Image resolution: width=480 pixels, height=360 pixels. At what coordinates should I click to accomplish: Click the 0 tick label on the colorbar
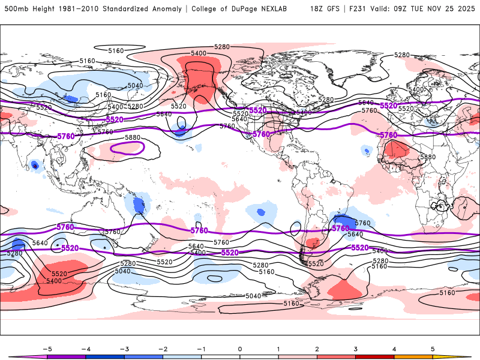[239, 348]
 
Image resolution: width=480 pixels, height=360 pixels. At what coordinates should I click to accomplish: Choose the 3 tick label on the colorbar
[356, 348]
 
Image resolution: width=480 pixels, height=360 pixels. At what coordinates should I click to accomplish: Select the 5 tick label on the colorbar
[433, 348]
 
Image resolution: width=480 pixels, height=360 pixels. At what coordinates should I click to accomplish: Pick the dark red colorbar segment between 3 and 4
[374, 356]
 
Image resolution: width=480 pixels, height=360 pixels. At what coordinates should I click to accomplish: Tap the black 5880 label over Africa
[428, 157]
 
